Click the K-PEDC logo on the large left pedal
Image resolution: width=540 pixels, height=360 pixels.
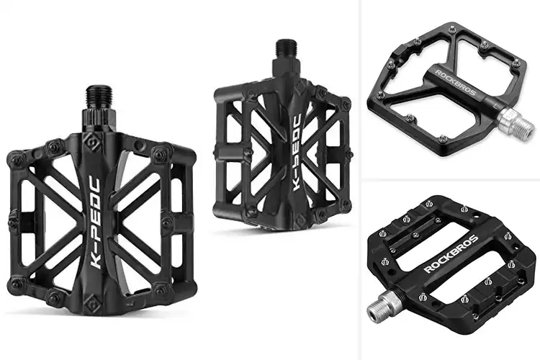click(95, 222)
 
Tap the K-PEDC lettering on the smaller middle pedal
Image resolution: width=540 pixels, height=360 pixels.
click(297, 152)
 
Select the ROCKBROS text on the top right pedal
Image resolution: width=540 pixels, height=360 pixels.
click(455, 83)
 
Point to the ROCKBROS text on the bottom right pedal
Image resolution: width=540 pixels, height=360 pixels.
click(451, 253)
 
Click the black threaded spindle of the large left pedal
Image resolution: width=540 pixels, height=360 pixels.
click(99, 97)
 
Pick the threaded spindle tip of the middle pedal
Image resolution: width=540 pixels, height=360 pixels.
click(286, 48)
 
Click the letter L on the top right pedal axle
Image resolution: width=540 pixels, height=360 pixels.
click(495, 105)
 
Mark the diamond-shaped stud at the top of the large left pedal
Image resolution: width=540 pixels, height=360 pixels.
click(92, 141)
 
